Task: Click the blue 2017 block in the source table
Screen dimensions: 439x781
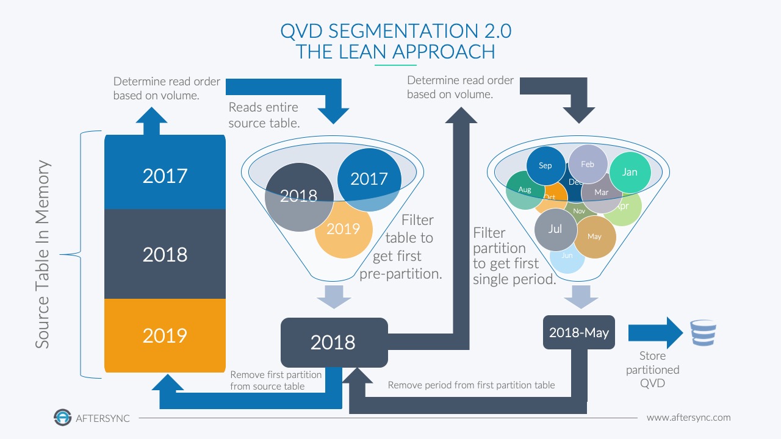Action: (x=165, y=176)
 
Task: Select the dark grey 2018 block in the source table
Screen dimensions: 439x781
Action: (x=165, y=254)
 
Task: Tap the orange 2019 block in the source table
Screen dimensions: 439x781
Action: (x=165, y=335)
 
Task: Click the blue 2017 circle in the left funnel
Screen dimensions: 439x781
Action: (x=369, y=178)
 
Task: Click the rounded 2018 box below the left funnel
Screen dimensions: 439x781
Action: (x=334, y=342)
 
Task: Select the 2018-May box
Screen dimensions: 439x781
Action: (x=578, y=333)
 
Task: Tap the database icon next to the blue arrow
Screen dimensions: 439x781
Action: (x=702, y=334)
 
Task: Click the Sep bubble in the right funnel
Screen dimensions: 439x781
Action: (x=545, y=165)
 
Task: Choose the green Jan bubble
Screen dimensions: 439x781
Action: (x=630, y=172)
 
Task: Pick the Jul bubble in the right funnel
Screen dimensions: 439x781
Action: (x=555, y=229)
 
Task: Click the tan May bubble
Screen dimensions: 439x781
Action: (x=595, y=237)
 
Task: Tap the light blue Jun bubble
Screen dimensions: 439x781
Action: (x=567, y=257)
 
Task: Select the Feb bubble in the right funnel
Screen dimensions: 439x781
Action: (x=588, y=164)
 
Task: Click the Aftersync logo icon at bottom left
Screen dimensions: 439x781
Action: (x=62, y=418)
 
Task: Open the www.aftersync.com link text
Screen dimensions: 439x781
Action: (x=688, y=418)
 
